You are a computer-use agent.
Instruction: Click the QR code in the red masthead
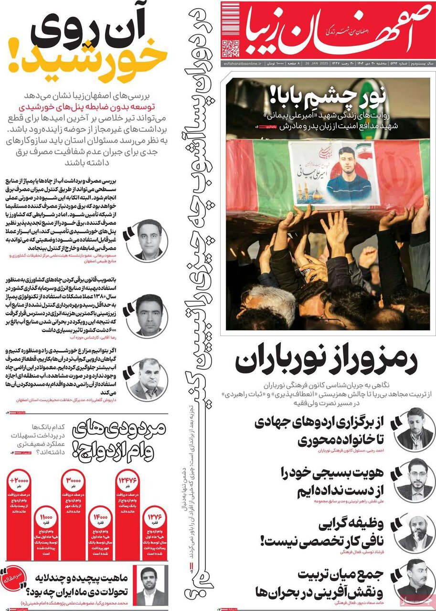click(231, 49)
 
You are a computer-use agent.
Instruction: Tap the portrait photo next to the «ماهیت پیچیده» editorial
click(150, 585)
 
